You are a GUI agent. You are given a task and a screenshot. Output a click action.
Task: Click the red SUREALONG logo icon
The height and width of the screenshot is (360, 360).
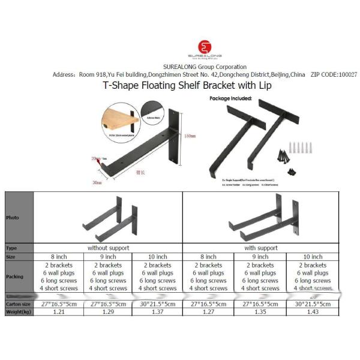(x=205, y=47)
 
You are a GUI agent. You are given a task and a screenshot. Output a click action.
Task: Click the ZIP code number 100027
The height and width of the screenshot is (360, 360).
(x=343, y=75)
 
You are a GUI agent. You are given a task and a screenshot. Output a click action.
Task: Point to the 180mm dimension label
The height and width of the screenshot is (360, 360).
(x=190, y=136)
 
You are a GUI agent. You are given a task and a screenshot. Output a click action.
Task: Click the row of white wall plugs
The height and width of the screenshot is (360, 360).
(x=298, y=147)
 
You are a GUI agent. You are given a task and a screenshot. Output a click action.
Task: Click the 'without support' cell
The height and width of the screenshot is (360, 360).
(x=108, y=247)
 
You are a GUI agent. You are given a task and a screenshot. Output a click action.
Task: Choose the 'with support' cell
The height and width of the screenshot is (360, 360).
(x=261, y=247)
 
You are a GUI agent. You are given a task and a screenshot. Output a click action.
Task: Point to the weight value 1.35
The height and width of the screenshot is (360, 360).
(x=261, y=312)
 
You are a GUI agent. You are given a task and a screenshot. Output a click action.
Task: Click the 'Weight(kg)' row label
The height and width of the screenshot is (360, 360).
(x=18, y=312)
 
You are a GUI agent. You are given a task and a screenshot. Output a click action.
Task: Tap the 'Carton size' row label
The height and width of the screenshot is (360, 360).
(x=18, y=304)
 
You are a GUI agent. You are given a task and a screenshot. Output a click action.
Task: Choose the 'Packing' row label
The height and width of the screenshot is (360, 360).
(x=15, y=277)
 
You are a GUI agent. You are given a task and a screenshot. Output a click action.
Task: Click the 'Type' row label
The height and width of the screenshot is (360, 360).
(x=11, y=247)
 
